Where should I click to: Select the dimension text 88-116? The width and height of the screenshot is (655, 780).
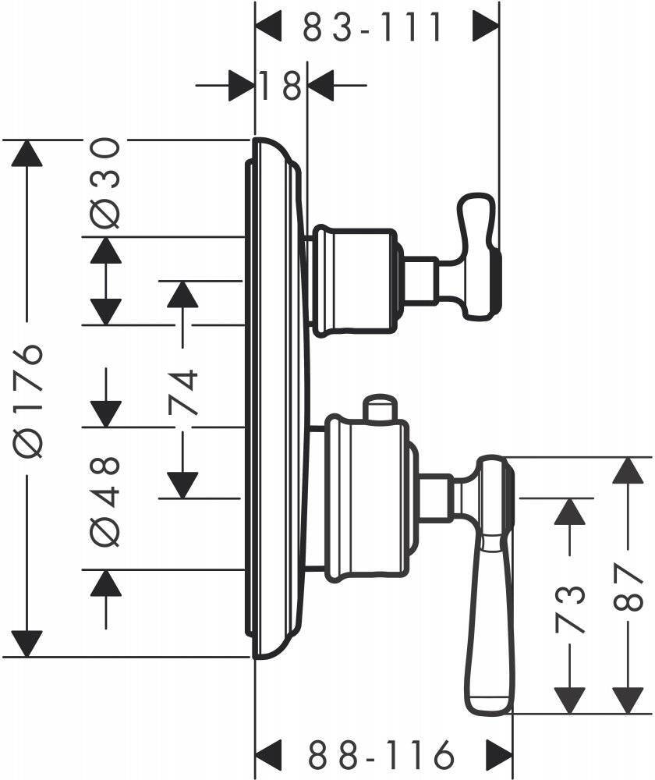pos(381,755)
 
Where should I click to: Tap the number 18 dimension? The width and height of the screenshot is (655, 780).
pos(281,85)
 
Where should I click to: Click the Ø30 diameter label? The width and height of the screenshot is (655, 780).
pos(106,183)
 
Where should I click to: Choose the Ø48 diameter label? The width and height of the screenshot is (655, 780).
pos(106,499)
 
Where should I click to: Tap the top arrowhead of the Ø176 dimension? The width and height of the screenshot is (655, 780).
pos(28,152)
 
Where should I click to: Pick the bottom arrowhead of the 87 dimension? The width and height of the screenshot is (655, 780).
pos(628,700)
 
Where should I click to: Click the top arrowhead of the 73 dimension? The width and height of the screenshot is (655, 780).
pos(570,510)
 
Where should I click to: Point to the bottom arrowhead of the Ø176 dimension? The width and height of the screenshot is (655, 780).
pos(28,643)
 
